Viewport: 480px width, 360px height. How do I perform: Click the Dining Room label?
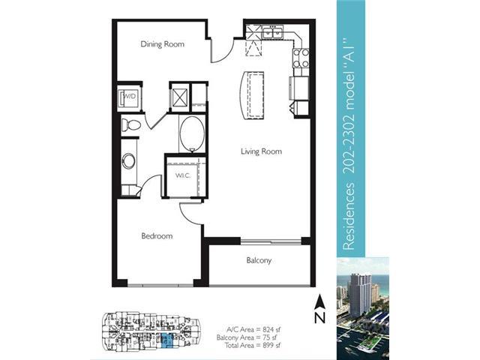[162, 44]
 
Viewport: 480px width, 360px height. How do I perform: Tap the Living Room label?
[261, 151]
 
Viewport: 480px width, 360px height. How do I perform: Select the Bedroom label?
[157, 236]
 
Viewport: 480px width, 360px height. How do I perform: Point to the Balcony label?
[259, 260]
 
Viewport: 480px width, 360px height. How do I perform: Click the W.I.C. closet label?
[183, 175]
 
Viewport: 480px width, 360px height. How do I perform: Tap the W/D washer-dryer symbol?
[129, 97]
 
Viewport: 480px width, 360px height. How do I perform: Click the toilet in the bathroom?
[130, 125]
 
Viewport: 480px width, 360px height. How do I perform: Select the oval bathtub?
[192, 133]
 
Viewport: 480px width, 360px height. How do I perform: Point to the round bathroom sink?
[129, 160]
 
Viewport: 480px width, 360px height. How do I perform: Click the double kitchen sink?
[272, 32]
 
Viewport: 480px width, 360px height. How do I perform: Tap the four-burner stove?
[301, 58]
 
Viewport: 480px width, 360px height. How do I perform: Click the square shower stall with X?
[180, 97]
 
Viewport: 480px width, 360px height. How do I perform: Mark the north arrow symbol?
[319, 308]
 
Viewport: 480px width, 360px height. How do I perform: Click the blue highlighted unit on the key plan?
[167, 340]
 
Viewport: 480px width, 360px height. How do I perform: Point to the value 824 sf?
[270, 330]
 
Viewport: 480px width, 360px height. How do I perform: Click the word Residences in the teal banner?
[348, 216]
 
